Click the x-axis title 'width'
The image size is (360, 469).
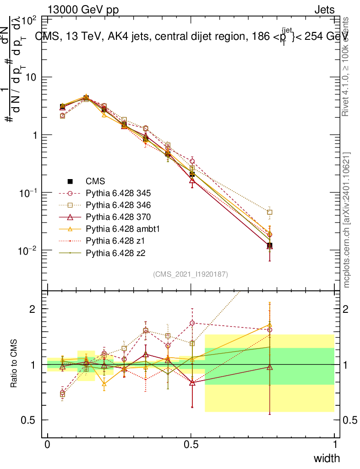tap(327, 458)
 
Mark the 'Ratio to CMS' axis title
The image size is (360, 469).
tap(14, 365)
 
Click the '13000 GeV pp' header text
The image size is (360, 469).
tap(83, 10)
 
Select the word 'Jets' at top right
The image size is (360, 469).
tap(324, 10)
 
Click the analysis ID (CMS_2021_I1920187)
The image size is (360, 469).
tap(191, 274)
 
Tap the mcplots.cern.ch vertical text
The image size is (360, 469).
tap(347, 220)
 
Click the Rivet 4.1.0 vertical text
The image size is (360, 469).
tap(346, 66)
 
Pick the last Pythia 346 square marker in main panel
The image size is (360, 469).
tap(270, 212)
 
